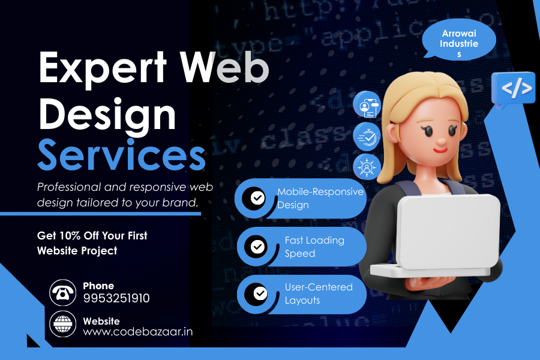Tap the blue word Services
pos(121,155)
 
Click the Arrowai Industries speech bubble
pos(459,41)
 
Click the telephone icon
pos(62,292)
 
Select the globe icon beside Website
pos(62,325)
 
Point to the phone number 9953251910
pos(116,298)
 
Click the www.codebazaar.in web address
pos(138,331)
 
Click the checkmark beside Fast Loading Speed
pos(258,245)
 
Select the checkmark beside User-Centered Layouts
pos(260,293)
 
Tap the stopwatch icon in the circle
pos(366,136)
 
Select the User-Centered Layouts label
pos(318,293)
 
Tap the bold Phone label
pos(98,286)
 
